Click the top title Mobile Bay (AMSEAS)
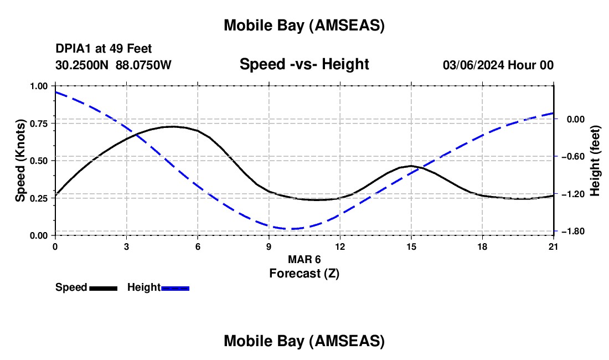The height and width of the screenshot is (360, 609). point(304,25)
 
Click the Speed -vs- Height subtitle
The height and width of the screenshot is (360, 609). point(304,64)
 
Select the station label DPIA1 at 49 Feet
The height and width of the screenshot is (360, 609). point(104,49)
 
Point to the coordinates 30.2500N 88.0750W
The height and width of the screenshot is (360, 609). point(113,65)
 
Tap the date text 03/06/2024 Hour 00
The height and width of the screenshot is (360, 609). point(498,65)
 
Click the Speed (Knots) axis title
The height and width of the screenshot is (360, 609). point(20,161)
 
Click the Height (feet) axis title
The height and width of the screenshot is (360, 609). point(595,161)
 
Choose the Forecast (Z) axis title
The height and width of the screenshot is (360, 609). point(304,273)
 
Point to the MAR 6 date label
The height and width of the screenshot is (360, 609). point(304,259)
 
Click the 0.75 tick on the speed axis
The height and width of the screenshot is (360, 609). point(42,124)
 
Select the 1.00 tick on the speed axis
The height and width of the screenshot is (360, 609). point(42,86)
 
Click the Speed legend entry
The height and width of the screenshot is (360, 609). point(71,287)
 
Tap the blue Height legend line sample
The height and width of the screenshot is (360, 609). point(176,288)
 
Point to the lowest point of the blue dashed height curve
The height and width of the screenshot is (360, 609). point(292,229)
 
